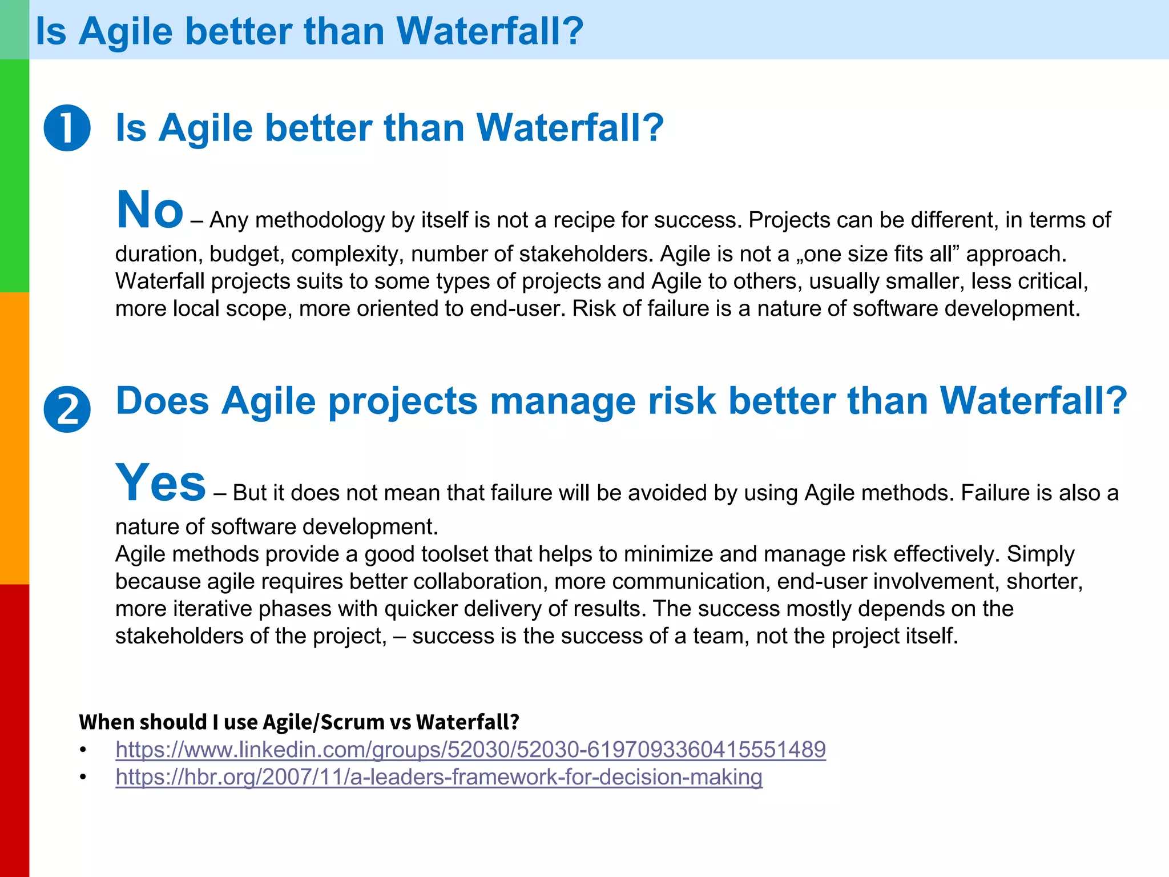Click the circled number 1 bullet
click(x=67, y=128)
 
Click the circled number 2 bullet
click(x=67, y=409)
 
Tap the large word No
click(x=150, y=210)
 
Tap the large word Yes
click(x=160, y=483)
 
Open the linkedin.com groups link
click(x=470, y=750)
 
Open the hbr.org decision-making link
click(x=438, y=777)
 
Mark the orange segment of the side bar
click(x=14, y=438)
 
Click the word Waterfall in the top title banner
click(x=490, y=31)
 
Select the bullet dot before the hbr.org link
click(x=83, y=777)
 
